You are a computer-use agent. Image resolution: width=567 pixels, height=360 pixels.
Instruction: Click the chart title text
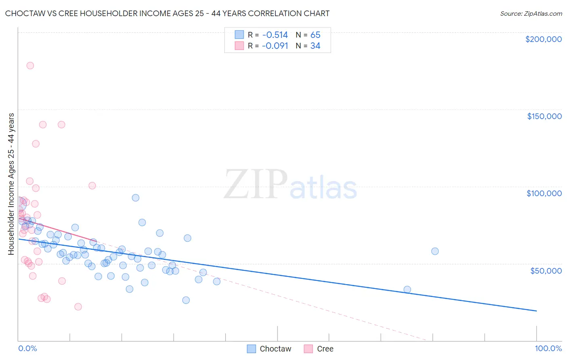tap(167, 14)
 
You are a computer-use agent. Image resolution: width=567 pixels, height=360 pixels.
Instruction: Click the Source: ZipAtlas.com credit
tap(531, 14)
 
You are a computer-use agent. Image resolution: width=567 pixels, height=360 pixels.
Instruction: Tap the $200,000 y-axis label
tap(543, 39)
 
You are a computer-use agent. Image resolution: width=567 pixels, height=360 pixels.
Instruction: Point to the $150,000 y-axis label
tap(544, 116)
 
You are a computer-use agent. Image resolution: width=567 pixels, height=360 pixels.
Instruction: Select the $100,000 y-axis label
tap(544, 193)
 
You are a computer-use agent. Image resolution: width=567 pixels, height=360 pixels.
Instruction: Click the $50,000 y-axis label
tap(546, 270)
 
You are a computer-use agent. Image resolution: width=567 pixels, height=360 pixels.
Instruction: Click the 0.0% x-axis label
tap(27, 348)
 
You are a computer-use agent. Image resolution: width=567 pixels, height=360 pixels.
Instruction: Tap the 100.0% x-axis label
tap(548, 348)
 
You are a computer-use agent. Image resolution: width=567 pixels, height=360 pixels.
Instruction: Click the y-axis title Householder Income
tap(11, 184)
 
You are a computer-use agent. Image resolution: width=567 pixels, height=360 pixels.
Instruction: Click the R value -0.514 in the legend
tap(275, 35)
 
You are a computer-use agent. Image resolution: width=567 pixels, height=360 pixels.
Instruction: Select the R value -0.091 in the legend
tap(275, 46)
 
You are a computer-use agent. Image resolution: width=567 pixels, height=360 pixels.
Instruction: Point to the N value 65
tap(315, 35)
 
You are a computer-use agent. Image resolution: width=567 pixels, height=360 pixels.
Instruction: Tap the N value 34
tap(315, 46)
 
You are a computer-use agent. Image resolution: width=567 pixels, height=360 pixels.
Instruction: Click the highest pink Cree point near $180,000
tap(30, 66)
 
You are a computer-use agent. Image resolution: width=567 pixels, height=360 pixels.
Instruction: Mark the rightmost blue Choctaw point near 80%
tap(435, 251)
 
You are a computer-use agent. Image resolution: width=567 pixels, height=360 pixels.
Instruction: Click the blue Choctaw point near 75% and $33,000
tap(407, 289)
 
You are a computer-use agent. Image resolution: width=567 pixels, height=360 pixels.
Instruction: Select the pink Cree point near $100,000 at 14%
tap(92, 186)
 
